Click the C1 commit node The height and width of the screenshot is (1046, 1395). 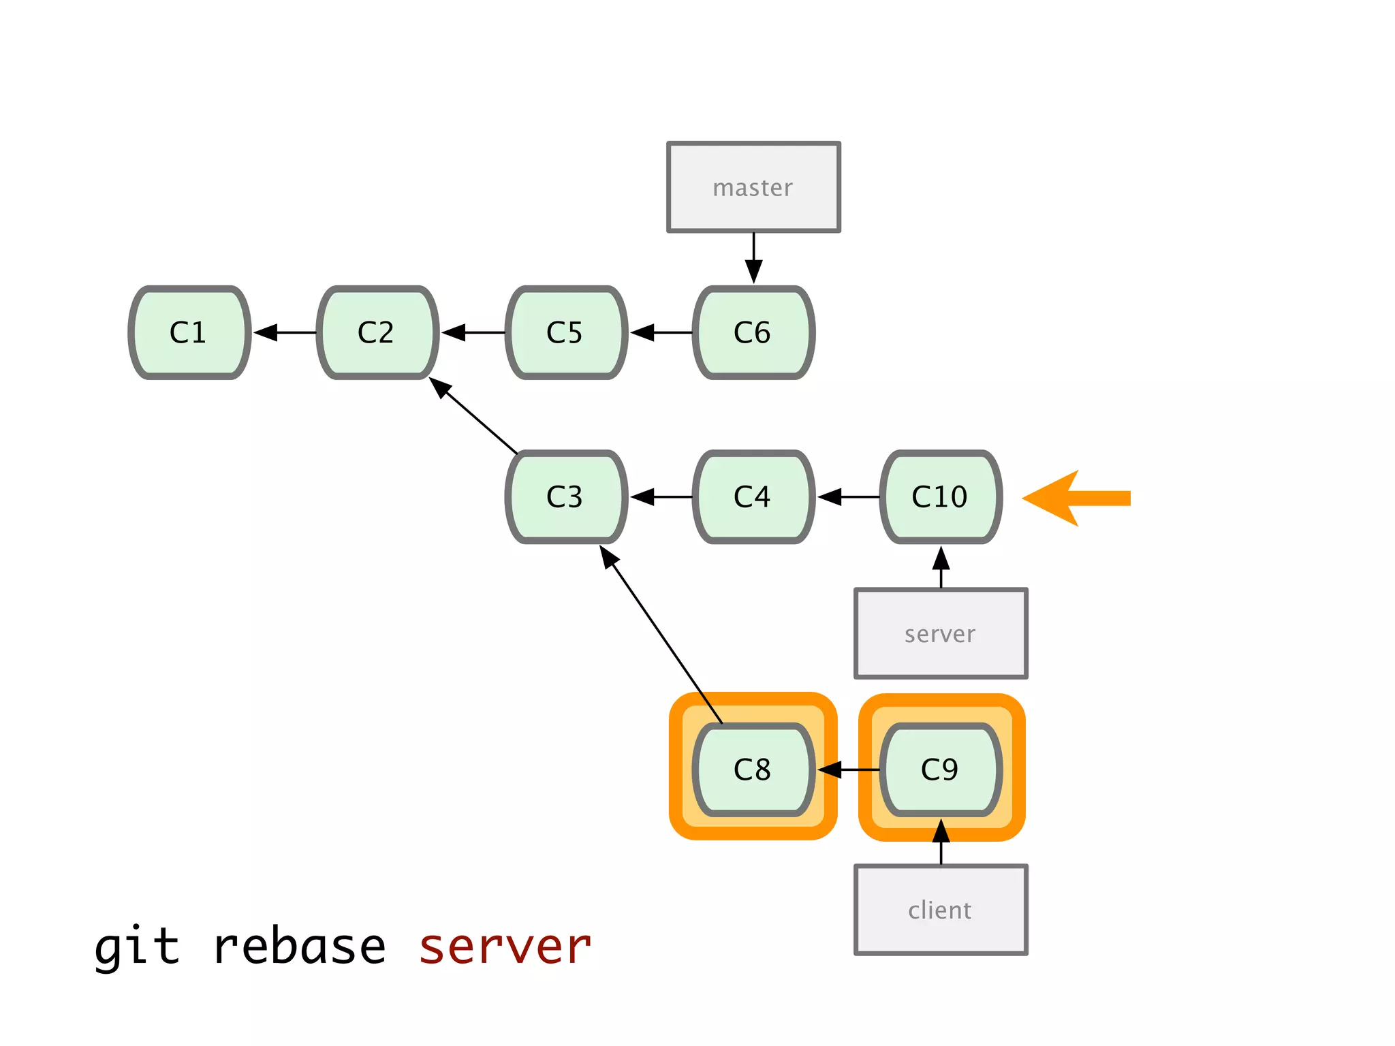189,332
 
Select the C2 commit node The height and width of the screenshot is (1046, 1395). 377,332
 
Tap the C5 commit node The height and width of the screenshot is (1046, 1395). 565,332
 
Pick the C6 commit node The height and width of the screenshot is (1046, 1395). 753,332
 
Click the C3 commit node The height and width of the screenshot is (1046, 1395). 565,497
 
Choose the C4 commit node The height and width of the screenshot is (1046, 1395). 753,497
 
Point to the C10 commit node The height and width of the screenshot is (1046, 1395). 941,497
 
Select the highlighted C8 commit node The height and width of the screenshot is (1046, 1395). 753,770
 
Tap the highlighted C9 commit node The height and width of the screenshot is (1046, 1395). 941,770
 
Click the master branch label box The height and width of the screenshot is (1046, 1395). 753,187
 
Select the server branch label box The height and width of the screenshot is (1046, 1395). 941,634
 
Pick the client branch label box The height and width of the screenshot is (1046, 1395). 941,910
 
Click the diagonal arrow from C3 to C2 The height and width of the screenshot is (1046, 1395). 473,415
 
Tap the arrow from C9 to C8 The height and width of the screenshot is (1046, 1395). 848,770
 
